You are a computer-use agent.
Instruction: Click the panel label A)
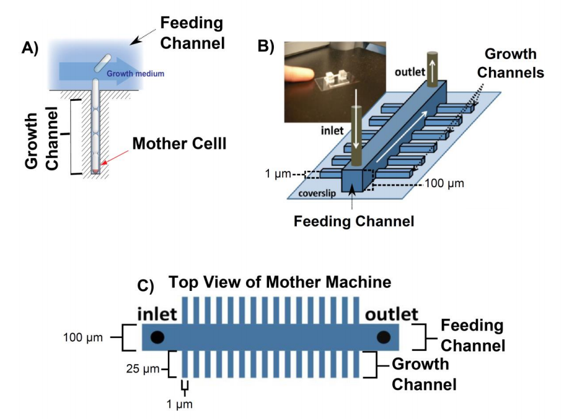(30, 48)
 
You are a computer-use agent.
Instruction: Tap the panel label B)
(265, 46)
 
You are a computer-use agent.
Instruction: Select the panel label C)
(145, 286)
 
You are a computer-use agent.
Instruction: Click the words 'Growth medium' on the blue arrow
(135, 74)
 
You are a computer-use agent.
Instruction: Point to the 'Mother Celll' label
(180, 144)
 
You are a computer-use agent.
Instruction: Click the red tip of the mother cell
(96, 170)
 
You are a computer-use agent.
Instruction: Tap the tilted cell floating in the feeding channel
(103, 63)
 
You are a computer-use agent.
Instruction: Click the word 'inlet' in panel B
(332, 130)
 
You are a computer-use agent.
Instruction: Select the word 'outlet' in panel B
(410, 72)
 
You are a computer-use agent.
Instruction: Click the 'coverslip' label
(317, 194)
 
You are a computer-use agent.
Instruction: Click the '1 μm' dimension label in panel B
(277, 174)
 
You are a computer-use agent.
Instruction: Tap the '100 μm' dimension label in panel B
(444, 184)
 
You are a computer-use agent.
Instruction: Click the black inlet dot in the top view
(157, 337)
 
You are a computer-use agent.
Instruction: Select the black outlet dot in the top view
(384, 337)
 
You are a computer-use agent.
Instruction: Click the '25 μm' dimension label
(143, 369)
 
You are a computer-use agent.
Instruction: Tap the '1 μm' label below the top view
(180, 404)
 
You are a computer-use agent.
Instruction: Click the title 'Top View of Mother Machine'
(280, 282)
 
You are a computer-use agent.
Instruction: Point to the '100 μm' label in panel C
(83, 337)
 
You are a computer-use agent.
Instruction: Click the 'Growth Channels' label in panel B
(511, 63)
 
